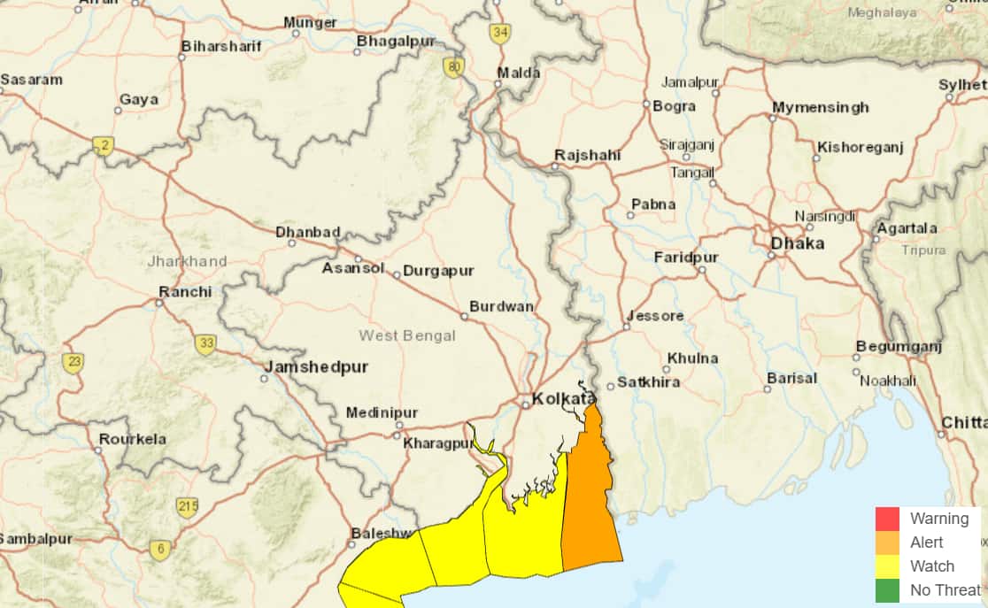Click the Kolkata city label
coord(562,399)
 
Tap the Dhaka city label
coord(797,243)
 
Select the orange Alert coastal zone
coord(590,504)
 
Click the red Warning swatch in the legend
coord(887,519)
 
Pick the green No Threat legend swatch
coord(887,589)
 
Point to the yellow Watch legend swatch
coord(887,566)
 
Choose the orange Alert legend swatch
coord(887,543)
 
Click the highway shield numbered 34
coord(500,34)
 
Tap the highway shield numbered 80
coord(454,67)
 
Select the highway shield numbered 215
coord(187,507)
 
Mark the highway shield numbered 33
coord(205,343)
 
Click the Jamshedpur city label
coord(316,366)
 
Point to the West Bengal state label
coord(407,335)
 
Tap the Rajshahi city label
coord(587,156)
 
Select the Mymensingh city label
coord(820,108)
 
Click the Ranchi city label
coord(185,292)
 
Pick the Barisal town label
coord(791,378)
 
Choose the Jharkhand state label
coord(187,261)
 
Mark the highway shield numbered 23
coord(73,361)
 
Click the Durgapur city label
coord(438,271)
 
